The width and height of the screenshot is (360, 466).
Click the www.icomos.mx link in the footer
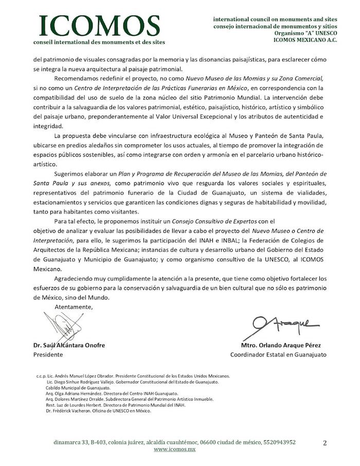[x=175, y=449]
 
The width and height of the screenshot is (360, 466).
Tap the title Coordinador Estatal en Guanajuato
[x=278, y=354]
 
